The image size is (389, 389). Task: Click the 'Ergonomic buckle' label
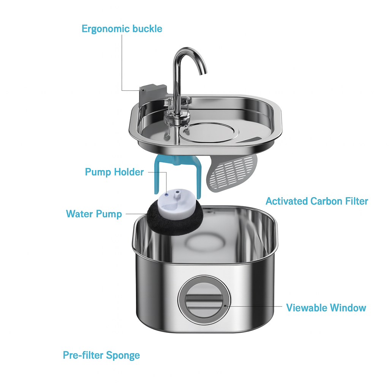pyautogui.click(x=122, y=28)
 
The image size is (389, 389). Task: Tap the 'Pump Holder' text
pyautogui.click(x=114, y=172)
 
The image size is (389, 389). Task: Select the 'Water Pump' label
pyautogui.click(x=94, y=213)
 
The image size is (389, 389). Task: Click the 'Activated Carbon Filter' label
pyautogui.click(x=316, y=201)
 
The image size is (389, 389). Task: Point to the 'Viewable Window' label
pyautogui.click(x=326, y=307)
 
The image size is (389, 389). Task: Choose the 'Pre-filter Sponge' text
pyautogui.click(x=101, y=355)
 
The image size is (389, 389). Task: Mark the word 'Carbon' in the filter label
pyautogui.click(x=326, y=201)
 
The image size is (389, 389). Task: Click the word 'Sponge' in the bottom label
pyautogui.click(x=123, y=356)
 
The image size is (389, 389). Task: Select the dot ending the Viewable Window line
pyautogui.click(x=225, y=305)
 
